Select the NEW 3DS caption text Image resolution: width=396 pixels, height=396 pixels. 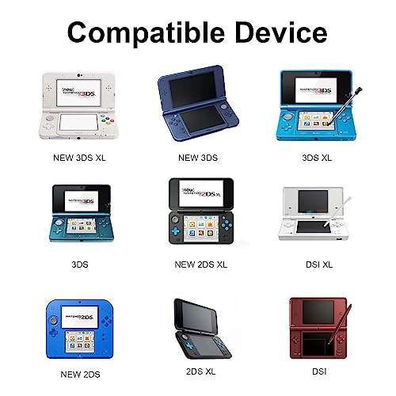click(199, 158)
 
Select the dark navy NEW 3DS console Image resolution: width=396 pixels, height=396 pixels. click(199, 107)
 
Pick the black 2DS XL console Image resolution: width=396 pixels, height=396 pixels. click(198, 329)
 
